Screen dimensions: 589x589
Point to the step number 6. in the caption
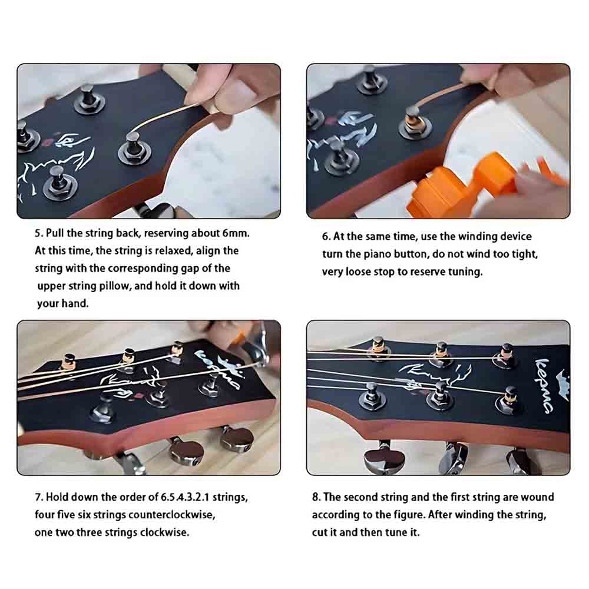tap(326, 237)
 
